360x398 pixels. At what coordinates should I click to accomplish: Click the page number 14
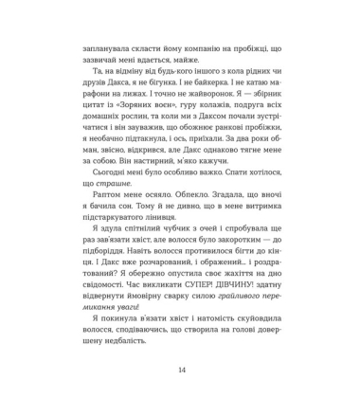tap(180, 371)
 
